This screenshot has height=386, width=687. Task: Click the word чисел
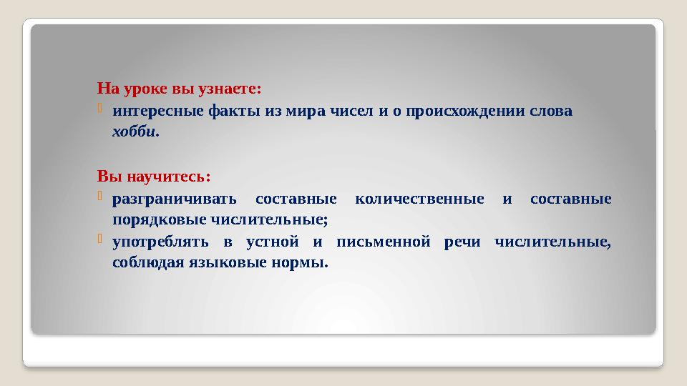(x=355, y=112)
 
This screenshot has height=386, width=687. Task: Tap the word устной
(x=271, y=242)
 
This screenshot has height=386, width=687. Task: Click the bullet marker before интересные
(x=102, y=110)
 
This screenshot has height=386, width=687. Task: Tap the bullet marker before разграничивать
(x=102, y=197)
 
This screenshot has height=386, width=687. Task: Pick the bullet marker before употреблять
(x=102, y=240)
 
